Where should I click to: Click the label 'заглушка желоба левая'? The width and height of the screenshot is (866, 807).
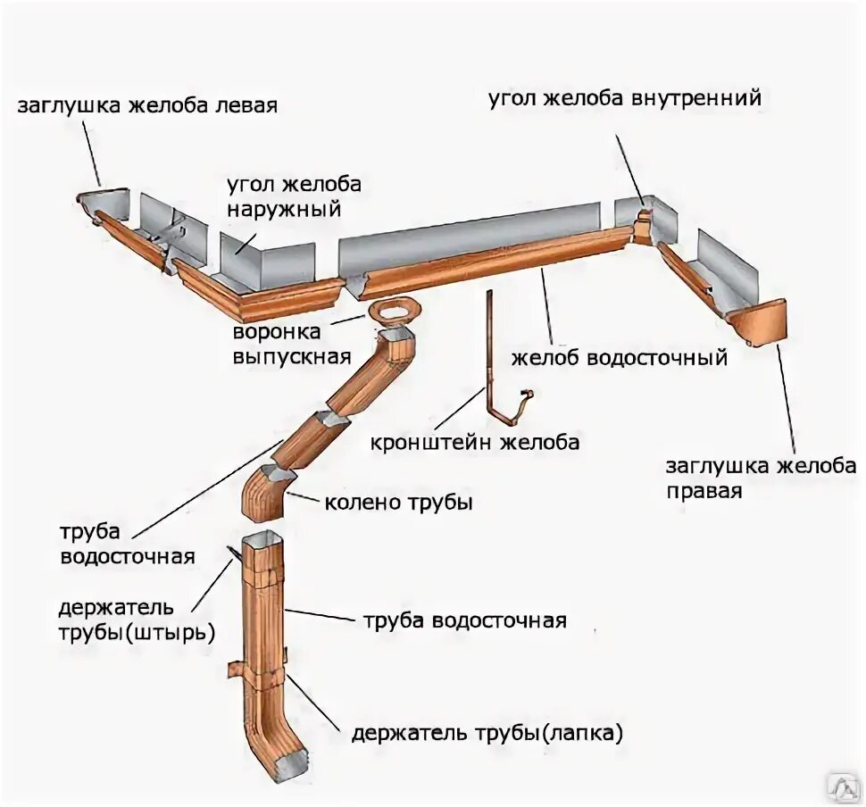[x=147, y=105]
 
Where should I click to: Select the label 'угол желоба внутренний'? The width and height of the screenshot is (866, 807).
[x=624, y=98]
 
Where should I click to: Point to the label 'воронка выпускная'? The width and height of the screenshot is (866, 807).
[x=289, y=345]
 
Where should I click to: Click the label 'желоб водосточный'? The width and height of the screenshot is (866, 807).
[x=620, y=359]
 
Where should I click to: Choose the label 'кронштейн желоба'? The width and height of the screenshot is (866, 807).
[x=476, y=442]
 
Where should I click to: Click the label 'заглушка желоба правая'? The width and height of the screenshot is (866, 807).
[x=761, y=478]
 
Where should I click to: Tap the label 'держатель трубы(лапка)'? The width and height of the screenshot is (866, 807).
[x=487, y=734]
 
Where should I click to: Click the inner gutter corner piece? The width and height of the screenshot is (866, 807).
[x=643, y=223]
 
